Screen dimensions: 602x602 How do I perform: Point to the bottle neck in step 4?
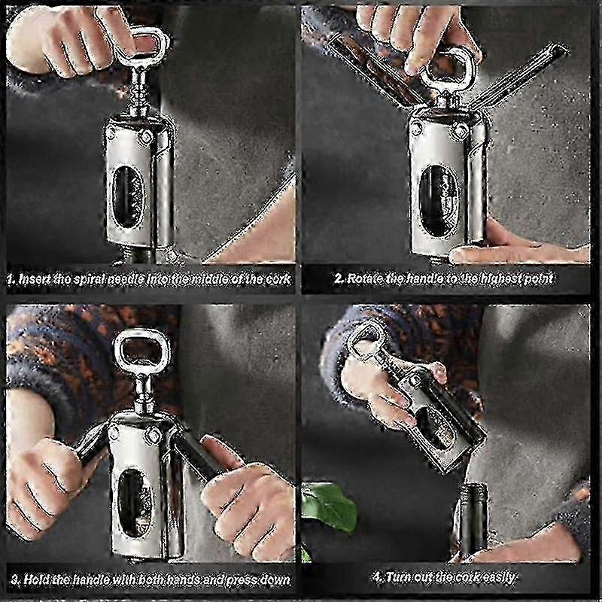pos(473,519)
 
